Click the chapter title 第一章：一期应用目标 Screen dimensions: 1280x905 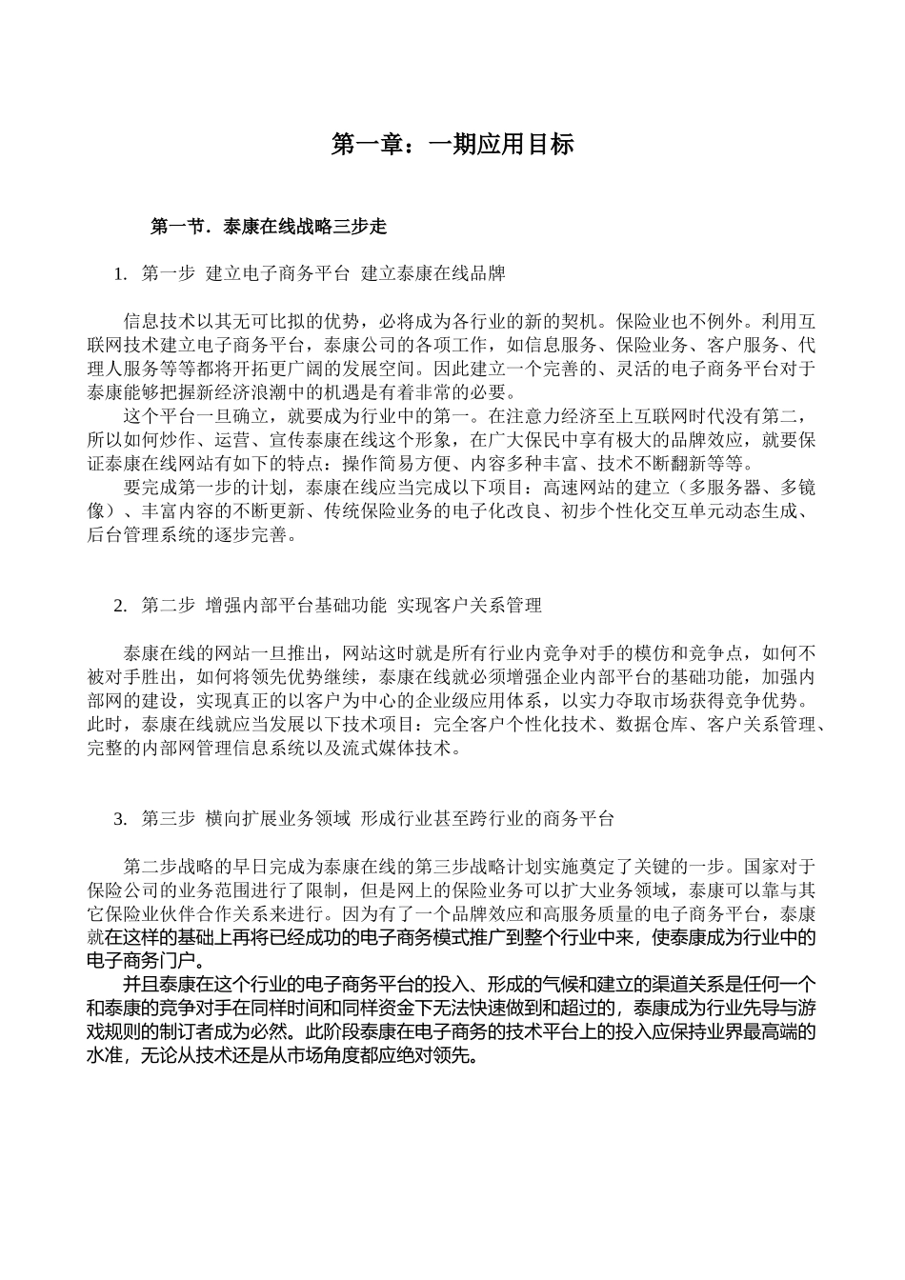pyautogui.click(x=452, y=144)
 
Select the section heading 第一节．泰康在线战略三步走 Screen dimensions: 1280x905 pyautogui.click(x=269, y=227)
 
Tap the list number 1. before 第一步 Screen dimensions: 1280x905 pyautogui.click(x=120, y=274)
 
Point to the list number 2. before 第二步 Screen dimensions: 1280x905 pyautogui.click(x=120, y=605)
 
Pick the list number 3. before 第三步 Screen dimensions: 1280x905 pyautogui.click(x=120, y=818)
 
